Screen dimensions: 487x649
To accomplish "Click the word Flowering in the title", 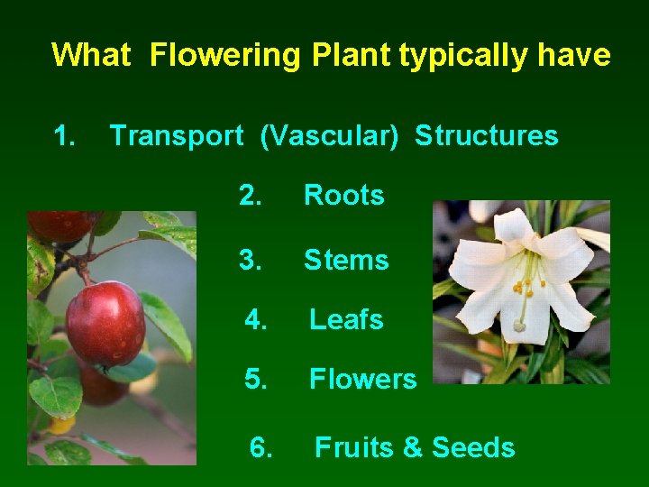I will [226, 56].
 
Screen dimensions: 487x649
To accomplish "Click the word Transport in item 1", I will [176, 136].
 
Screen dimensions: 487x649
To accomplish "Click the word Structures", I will [486, 136].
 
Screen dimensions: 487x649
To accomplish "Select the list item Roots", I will [343, 196].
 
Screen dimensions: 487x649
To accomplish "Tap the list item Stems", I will [346, 261].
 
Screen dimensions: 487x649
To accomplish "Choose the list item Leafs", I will [346, 320].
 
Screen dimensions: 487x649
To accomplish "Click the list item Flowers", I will [362, 380].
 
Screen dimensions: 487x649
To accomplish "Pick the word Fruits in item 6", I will [355, 448].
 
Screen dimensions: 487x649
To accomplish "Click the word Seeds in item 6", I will [473, 448].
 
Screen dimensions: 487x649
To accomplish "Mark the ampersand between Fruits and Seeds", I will [413, 448].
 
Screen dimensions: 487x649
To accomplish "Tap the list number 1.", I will [65, 136].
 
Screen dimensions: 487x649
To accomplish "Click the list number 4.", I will [256, 320].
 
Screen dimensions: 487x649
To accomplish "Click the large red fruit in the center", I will [105, 323].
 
